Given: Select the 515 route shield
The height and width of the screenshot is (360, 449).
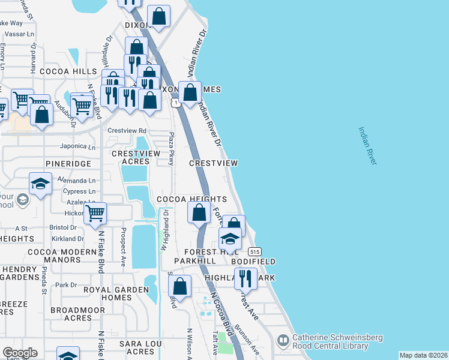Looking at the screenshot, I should tap(255, 251).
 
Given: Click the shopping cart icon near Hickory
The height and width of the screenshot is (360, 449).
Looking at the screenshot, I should tap(95, 213).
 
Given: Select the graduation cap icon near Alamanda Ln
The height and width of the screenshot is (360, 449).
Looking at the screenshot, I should tap(40, 184).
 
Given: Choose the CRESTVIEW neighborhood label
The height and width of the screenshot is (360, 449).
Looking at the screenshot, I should tap(214, 163).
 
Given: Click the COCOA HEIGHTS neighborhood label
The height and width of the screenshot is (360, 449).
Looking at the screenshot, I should tap(191, 199).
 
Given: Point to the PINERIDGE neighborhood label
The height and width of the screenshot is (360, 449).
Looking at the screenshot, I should tap(68, 163).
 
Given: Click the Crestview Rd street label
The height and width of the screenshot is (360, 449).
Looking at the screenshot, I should tap(127, 131).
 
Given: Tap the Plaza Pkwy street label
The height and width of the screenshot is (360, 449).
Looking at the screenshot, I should tap(171, 148).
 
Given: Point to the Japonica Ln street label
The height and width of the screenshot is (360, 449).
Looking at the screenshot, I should tap(77, 146).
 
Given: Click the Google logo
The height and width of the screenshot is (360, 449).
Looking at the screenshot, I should tap(20, 353).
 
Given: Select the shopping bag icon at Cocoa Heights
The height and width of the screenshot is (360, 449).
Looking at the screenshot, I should tap(199, 212).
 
